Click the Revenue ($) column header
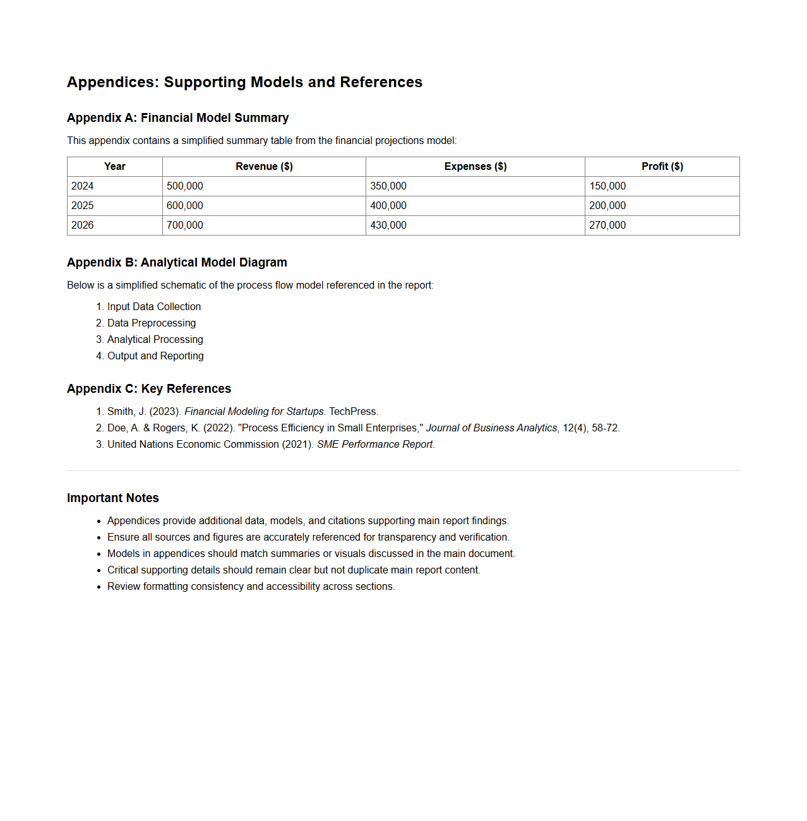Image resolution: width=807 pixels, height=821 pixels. coord(264,167)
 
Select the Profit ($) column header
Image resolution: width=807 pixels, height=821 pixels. coord(662,167)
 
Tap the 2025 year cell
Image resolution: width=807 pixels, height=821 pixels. coord(83,206)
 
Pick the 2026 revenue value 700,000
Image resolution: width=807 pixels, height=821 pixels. coord(185,225)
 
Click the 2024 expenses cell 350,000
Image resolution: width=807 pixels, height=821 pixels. coord(388,186)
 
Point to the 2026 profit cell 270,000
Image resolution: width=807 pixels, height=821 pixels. coord(607,225)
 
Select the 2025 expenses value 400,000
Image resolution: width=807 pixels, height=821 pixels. coord(388,206)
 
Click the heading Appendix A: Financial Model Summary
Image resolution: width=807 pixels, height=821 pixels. coord(177,118)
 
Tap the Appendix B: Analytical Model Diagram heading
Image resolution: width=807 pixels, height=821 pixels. coord(177,263)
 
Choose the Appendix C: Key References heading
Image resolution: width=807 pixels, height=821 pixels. coord(149,389)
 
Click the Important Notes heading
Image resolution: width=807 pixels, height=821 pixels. coord(113,498)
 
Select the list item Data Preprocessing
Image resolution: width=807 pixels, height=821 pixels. coord(152,323)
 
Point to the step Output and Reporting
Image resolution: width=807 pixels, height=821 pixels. coord(155,356)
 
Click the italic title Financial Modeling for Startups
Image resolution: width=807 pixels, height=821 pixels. coord(254,412)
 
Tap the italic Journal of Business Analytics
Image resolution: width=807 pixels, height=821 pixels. coord(491,428)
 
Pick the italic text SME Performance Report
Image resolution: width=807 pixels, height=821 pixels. coord(374,445)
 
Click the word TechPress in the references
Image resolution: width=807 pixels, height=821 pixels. coord(352,412)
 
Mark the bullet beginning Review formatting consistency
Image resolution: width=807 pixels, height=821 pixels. coord(251,587)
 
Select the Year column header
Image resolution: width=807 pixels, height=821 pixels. coord(115,167)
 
